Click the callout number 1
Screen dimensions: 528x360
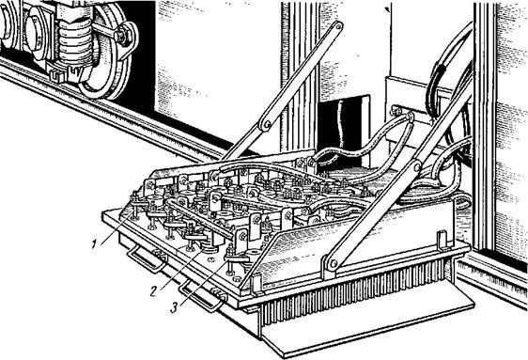95,244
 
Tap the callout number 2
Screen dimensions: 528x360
154,291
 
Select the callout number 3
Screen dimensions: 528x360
174,307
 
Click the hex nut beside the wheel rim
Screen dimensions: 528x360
122,35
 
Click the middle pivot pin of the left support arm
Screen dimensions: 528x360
267,125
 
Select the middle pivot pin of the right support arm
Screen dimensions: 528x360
416,166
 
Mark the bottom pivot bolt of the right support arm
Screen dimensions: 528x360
333,264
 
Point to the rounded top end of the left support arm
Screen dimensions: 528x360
337,26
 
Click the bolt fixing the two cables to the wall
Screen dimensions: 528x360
396,110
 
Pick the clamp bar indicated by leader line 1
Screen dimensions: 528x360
139,201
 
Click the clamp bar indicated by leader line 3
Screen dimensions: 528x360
237,258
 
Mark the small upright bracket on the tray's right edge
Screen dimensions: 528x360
442,241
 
